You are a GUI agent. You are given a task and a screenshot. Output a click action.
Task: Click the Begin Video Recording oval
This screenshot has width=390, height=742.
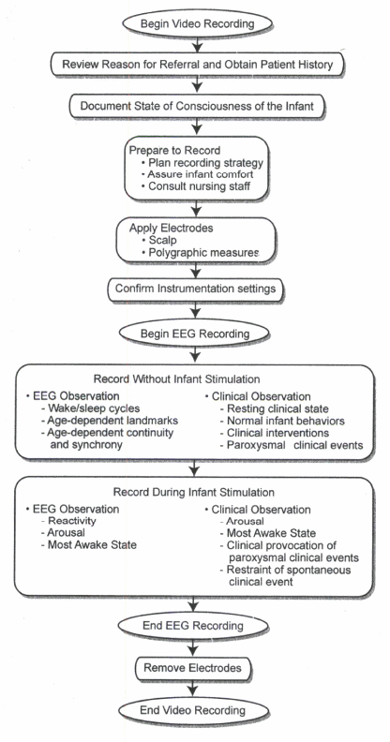click(x=198, y=23)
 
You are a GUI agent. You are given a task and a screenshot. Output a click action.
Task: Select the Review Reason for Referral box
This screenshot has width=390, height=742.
click(x=198, y=65)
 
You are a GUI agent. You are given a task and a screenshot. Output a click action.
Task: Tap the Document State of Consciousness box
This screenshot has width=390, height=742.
click(x=197, y=106)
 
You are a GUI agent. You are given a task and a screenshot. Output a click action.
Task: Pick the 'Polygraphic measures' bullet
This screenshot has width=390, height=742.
click(x=201, y=253)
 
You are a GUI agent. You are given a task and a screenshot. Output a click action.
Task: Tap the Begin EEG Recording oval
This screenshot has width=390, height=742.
click(x=195, y=334)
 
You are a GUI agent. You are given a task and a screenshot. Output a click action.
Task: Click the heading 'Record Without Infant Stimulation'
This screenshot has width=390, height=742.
click(x=176, y=379)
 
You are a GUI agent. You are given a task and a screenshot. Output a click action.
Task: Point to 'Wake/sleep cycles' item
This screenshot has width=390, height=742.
click(x=90, y=408)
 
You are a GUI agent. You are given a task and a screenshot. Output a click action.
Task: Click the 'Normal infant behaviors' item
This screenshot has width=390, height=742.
click(x=282, y=421)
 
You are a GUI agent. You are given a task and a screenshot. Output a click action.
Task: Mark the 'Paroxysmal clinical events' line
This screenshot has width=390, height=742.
click(x=292, y=445)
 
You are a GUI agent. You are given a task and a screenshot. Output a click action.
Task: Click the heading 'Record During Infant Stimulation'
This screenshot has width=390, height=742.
click(x=193, y=492)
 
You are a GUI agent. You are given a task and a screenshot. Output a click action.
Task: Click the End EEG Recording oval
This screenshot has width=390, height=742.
click(x=193, y=626)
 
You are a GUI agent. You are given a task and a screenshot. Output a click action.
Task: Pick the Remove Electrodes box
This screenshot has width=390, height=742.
click(x=192, y=668)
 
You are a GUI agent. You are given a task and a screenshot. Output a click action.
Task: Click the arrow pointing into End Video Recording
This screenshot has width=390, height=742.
click(x=193, y=689)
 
